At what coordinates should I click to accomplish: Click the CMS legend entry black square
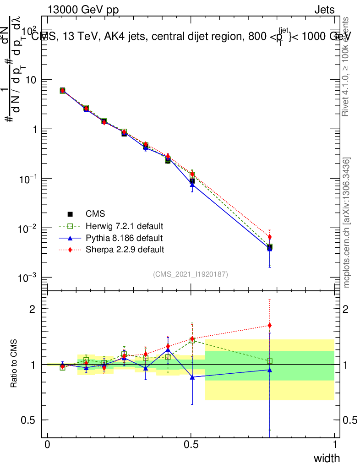pos(70,214)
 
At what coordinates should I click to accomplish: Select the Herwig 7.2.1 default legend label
pos(125,226)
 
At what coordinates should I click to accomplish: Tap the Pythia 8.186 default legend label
pos(124,238)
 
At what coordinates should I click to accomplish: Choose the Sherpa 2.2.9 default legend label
pos(125,250)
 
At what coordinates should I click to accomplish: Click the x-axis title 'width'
pos(327,458)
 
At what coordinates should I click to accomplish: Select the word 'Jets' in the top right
pos(324,10)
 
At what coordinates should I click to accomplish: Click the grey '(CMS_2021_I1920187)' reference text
pos(191,274)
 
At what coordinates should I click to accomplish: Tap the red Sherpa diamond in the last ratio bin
pos(270,326)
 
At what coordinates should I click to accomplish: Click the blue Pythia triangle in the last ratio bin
pos(270,370)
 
